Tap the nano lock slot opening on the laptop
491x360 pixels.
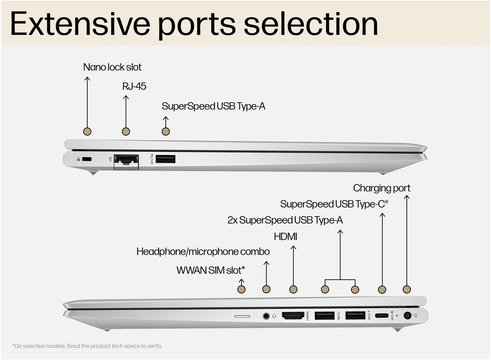coord(87,159)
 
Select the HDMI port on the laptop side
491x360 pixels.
coord(293,316)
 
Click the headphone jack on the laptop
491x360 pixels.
coord(266,316)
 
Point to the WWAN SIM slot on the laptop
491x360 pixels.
coord(242,316)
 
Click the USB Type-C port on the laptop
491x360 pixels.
coord(382,316)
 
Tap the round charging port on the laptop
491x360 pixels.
coord(407,316)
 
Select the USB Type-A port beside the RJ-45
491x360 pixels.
coord(165,159)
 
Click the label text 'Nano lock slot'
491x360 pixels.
coord(112,67)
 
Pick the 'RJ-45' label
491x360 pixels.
coord(134,86)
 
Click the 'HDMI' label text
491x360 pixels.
coord(286,236)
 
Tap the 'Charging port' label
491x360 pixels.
coord(381,188)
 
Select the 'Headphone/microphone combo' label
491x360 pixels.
coord(203,252)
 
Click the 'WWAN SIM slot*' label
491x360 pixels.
coord(211,270)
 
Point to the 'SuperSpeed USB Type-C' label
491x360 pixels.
coord(334,204)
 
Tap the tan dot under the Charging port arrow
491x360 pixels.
coord(407,289)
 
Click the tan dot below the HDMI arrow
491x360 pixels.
coord(294,289)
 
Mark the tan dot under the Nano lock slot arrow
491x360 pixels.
coord(87,131)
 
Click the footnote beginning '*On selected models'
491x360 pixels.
coord(87,346)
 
